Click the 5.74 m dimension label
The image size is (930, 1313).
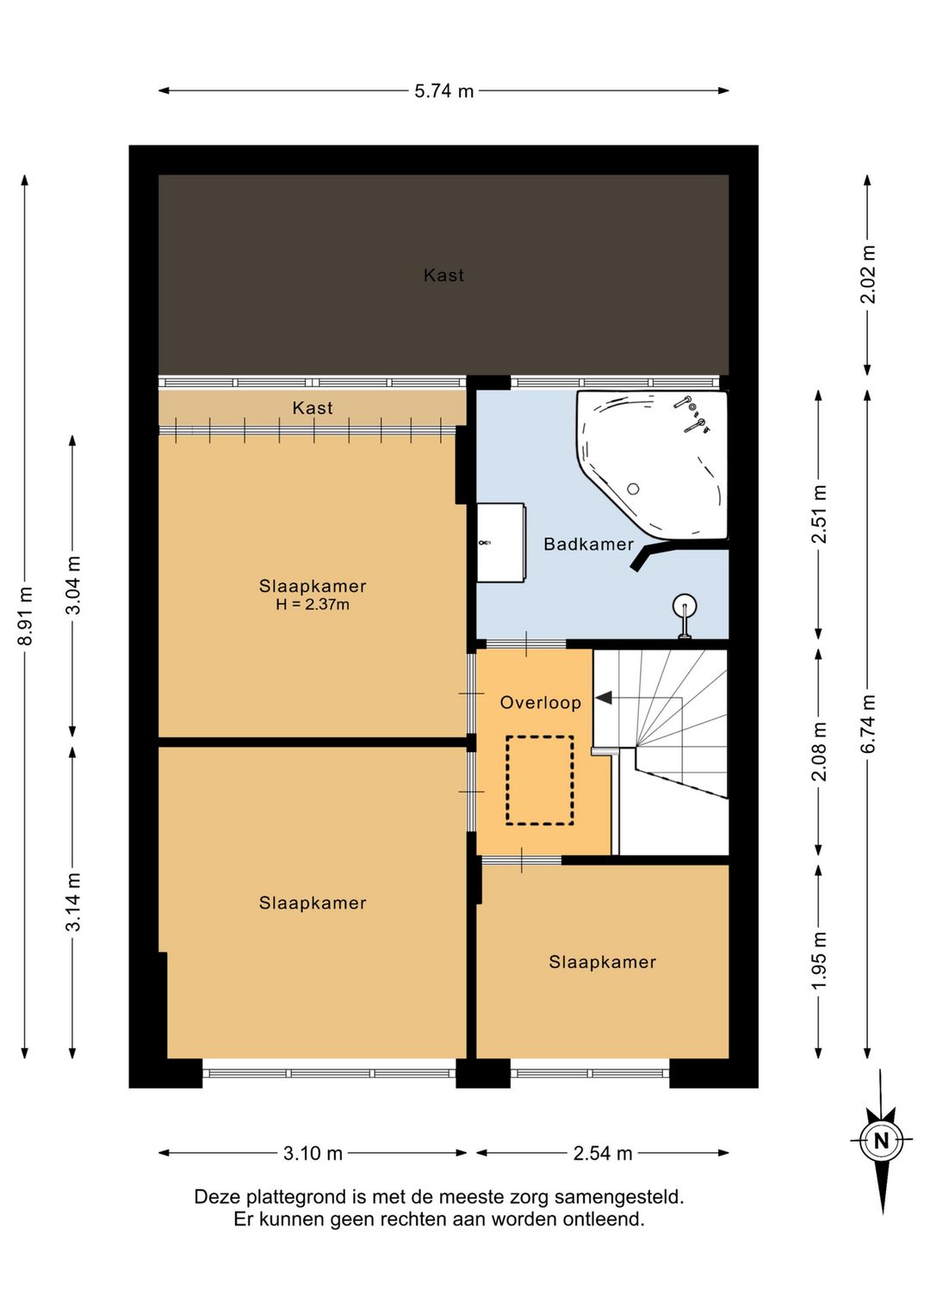click(x=443, y=91)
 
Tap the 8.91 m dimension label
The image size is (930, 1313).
click(x=25, y=615)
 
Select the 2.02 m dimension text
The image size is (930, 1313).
click(x=868, y=274)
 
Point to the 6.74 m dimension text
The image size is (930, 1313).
click(x=868, y=724)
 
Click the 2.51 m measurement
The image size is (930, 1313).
click(x=819, y=514)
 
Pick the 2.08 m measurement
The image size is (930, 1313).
click(x=819, y=751)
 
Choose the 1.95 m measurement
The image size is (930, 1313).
click(x=819, y=960)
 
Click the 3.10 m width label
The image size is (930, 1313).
click(x=313, y=1154)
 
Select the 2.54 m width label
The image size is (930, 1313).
click(x=603, y=1154)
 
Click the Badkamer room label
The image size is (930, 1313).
click(x=588, y=544)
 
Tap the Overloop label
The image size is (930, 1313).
click(x=541, y=702)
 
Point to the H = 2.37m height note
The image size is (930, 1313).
click(x=313, y=604)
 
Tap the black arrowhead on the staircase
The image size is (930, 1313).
click(x=604, y=698)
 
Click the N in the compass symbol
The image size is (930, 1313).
click(x=881, y=1141)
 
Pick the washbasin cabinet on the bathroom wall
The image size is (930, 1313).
click(x=500, y=542)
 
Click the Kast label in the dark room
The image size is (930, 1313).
click(x=443, y=275)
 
